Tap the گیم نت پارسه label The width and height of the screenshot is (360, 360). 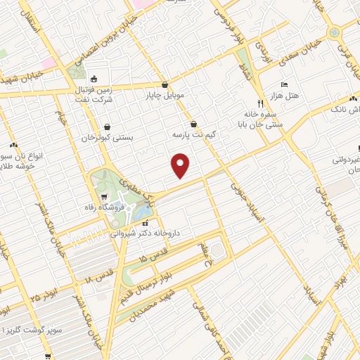tap(193, 133)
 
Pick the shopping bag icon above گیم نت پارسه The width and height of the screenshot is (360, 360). tap(193, 123)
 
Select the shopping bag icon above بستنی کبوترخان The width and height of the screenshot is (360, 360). tap(107, 128)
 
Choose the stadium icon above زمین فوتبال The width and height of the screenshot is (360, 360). tap(94, 79)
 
